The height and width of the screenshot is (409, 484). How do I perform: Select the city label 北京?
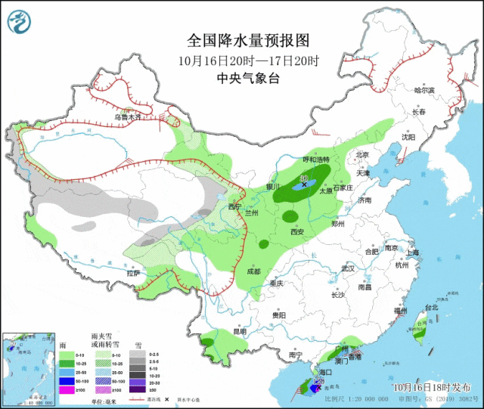tap(361, 154)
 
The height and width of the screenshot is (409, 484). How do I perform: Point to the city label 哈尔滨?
tap(425, 90)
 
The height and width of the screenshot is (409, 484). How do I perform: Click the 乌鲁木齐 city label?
tap(128, 117)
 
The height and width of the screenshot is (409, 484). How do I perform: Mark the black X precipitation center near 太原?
tap(305, 184)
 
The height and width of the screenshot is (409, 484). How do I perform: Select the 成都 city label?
tap(253, 271)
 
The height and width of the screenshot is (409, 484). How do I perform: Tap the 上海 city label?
tap(412, 253)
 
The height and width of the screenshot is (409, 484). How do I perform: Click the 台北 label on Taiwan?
tap(431, 308)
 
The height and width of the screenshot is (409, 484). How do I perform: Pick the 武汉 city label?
tap(348, 268)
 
